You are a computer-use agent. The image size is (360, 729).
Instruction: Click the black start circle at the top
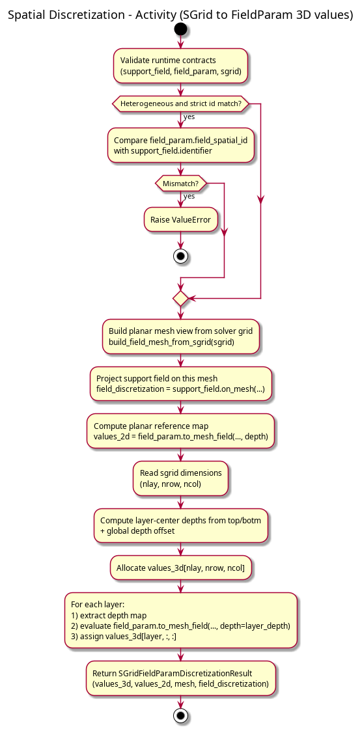pos(180,30)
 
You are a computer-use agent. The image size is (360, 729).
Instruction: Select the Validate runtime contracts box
pos(180,66)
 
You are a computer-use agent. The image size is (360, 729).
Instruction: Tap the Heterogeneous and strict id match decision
pos(180,103)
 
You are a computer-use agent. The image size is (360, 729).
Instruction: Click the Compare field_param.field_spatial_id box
pos(180,145)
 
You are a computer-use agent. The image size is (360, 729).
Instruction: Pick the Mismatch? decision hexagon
pos(180,183)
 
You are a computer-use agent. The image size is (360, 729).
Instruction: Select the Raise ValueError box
pos(180,219)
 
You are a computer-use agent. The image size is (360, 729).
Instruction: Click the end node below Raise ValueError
pos(180,256)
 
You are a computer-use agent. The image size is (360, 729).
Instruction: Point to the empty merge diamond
pos(180,299)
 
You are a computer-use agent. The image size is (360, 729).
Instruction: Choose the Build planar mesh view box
pos(180,337)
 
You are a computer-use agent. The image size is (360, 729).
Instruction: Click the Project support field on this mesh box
pos(180,383)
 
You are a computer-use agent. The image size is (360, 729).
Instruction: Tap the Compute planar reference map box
pos(180,431)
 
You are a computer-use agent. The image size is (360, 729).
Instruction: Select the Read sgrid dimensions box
pos(180,478)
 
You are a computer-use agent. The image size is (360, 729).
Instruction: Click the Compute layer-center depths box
pos(181,525)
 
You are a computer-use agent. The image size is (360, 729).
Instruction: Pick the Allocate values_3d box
pos(180,568)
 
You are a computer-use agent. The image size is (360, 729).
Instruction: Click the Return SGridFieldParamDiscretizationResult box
pos(180,679)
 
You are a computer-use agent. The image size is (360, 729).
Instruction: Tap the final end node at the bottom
pos(180,715)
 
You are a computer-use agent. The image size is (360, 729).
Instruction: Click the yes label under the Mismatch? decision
pos(189,196)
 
